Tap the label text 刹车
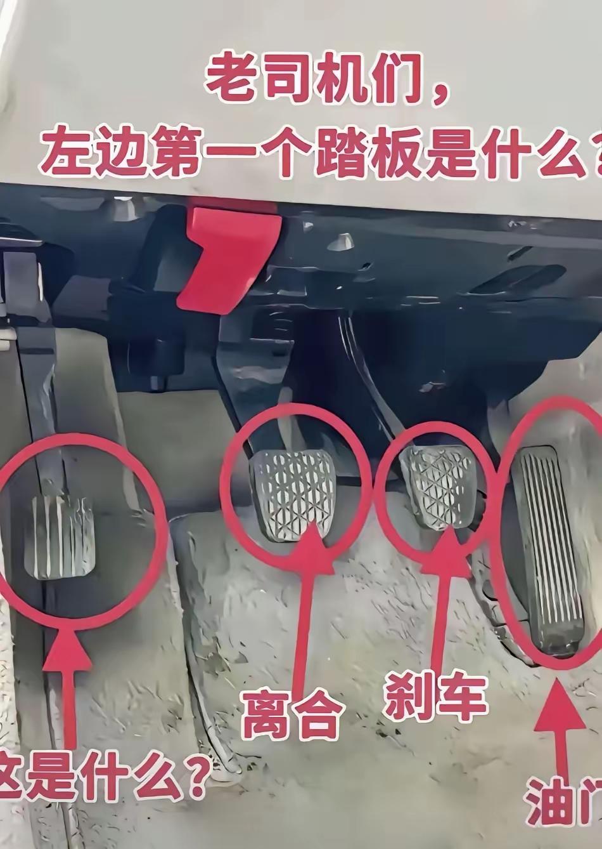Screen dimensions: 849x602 coord(436,697)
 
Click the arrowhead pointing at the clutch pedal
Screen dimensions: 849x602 coord(314,539)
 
